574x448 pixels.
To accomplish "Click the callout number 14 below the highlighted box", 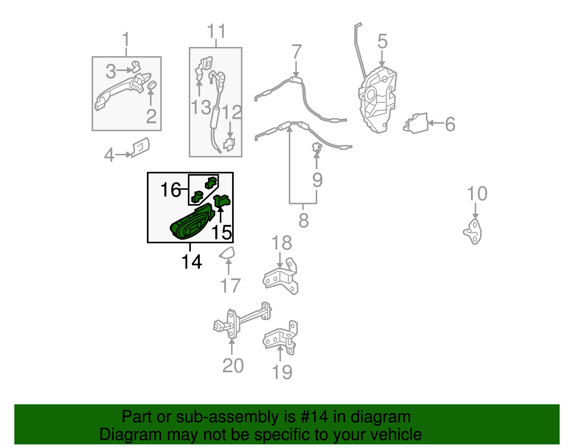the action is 192,261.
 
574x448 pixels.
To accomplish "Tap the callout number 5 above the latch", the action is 382,42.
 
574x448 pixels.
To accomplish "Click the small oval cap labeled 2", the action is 152,85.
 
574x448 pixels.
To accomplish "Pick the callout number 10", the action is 477,193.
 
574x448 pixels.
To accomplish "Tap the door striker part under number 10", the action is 472,232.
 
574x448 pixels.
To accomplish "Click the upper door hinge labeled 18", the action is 281,276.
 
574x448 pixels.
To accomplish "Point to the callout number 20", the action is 233,366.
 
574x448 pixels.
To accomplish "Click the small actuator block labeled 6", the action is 415,123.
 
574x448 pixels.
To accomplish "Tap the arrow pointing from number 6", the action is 436,123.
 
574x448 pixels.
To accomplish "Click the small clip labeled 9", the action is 317,147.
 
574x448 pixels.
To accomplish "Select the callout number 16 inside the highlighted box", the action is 171,190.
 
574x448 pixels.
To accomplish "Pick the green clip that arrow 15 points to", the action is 222,201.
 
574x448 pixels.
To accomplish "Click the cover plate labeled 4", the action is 141,147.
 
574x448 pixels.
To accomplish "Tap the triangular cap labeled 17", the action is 227,253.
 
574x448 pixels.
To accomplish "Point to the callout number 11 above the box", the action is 216,31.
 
